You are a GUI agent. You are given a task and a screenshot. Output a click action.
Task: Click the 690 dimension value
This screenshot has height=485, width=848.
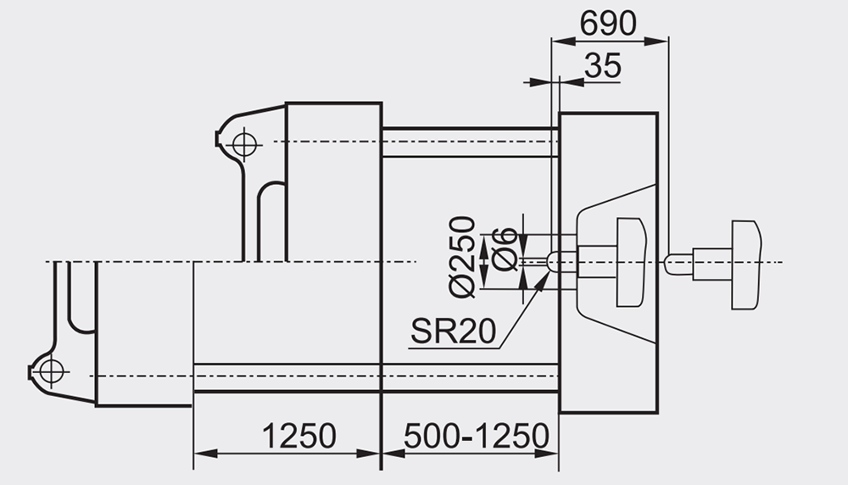pyautogui.click(x=608, y=24)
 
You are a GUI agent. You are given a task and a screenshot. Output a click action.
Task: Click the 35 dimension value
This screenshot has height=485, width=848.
pyautogui.click(x=603, y=66)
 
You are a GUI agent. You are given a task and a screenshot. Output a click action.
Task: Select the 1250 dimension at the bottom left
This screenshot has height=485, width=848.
pyautogui.click(x=299, y=436)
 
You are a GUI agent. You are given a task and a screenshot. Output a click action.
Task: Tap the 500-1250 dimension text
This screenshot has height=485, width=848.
pyautogui.click(x=477, y=436)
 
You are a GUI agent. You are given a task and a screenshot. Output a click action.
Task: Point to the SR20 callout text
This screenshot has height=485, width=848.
pyautogui.click(x=453, y=331)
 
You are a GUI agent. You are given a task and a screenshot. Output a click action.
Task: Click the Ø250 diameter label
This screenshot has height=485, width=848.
pyautogui.click(x=463, y=256)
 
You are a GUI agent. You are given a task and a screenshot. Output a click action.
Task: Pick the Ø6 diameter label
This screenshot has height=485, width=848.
pyautogui.click(x=505, y=249)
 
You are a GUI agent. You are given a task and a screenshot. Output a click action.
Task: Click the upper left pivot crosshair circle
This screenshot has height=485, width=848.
pyautogui.click(x=244, y=144)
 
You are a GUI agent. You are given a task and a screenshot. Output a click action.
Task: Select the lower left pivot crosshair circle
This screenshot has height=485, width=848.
pyautogui.click(x=51, y=371)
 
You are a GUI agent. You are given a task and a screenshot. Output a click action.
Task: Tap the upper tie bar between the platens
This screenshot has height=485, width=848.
pyautogui.click(x=470, y=142)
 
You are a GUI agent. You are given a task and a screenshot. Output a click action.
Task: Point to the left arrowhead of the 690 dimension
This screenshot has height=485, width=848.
pyautogui.click(x=562, y=41)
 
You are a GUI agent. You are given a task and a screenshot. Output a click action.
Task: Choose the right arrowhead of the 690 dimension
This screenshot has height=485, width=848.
pyautogui.click(x=656, y=41)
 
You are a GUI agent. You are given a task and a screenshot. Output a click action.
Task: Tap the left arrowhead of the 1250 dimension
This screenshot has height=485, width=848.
pyautogui.click(x=205, y=453)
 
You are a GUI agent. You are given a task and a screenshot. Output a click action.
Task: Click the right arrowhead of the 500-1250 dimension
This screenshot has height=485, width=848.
pyautogui.click(x=546, y=453)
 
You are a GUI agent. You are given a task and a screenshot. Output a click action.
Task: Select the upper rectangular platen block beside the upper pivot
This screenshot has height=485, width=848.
pyautogui.click(x=333, y=181)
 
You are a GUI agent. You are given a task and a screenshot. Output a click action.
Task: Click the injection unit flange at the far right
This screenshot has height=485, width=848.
pyautogui.click(x=747, y=265)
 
